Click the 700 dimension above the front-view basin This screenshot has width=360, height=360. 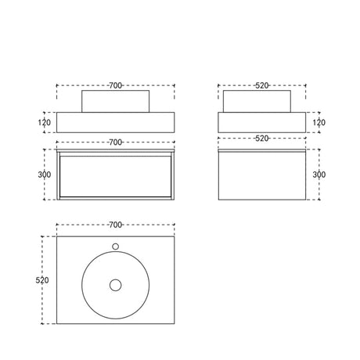point(115,85)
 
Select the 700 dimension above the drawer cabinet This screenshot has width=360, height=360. point(115,142)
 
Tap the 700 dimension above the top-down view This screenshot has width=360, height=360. point(115,225)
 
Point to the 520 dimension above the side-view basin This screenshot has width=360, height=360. point(261,85)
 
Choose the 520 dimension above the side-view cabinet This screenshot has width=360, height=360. point(261,139)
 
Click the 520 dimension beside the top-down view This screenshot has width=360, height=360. point(42,280)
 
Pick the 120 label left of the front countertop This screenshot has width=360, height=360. point(45,122)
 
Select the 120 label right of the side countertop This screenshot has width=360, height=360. point(319,122)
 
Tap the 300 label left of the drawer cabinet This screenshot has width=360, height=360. point(45,175)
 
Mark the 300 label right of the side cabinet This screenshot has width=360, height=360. point(319,175)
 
